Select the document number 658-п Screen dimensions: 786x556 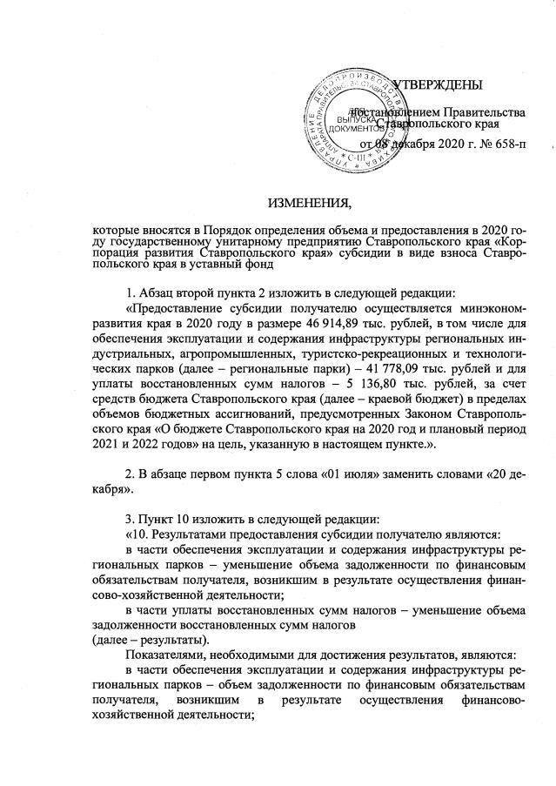click(x=508, y=143)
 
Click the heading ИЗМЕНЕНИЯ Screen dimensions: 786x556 click(x=310, y=205)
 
